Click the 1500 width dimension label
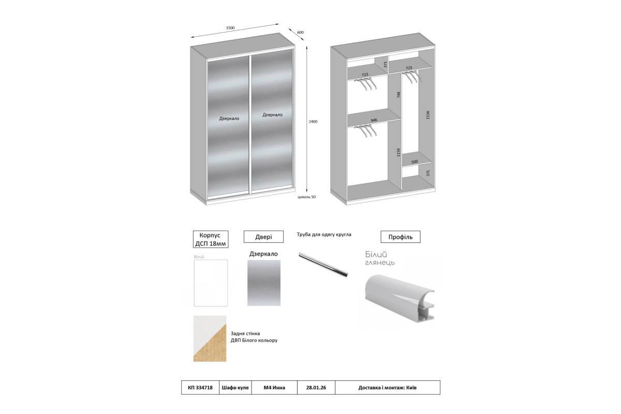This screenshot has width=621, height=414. [x=230, y=28]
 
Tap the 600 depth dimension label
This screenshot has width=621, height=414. [x=300, y=32]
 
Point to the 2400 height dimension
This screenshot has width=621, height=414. [x=313, y=122]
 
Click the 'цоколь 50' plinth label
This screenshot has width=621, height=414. [x=306, y=197]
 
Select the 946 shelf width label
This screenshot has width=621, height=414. [x=374, y=120]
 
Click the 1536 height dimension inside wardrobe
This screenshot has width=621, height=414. [x=428, y=115]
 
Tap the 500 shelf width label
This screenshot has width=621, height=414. [x=415, y=161]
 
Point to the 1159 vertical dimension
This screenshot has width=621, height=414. [x=398, y=152]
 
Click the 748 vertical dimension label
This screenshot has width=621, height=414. [x=398, y=95]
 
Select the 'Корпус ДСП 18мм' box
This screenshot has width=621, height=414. [x=211, y=239]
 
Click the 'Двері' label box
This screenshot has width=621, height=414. [x=263, y=237]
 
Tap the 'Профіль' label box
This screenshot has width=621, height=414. [x=401, y=237]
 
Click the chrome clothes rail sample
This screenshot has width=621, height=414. [x=323, y=264]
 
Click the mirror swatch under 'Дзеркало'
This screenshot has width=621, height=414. [x=263, y=283]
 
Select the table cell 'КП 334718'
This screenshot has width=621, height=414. [x=200, y=388]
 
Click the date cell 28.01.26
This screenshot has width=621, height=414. [x=316, y=388]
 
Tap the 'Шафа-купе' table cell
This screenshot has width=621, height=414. [x=235, y=388]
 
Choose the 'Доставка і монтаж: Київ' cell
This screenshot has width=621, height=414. [x=388, y=388]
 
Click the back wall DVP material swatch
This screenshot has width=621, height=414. [x=210, y=338]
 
